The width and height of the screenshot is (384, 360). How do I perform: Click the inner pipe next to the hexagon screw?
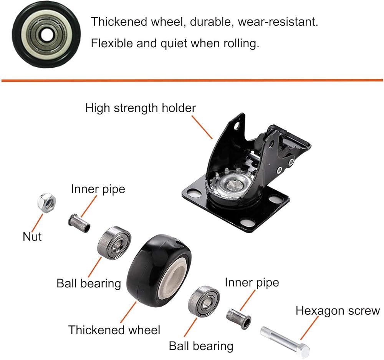[x=238, y=317]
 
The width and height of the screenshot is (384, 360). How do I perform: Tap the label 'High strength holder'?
[x=140, y=108]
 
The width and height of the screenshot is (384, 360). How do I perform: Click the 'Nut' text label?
[x=32, y=236]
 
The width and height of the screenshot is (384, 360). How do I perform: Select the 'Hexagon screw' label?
[x=338, y=310]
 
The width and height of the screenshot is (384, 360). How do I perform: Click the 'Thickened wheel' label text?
[x=114, y=330]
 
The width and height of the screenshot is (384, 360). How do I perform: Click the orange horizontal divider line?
[x=192, y=80]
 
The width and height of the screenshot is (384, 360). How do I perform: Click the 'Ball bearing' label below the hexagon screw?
[x=201, y=346]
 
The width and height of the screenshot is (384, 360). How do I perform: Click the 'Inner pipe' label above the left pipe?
[x=98, y=189]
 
